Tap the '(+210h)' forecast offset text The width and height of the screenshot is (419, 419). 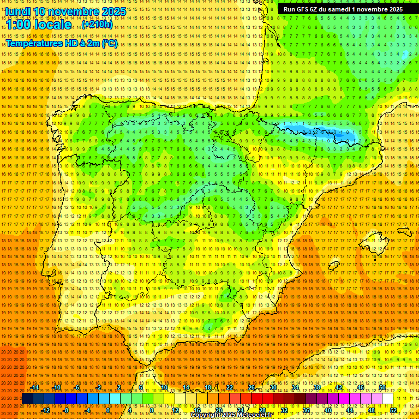(x=97, y=25)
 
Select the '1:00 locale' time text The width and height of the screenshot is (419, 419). (x=39, y=25)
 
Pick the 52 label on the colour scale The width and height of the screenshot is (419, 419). (x=393, y=410)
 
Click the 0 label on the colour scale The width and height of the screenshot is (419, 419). (x=108, y=410)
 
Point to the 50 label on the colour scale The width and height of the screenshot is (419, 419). (x=382, y=387)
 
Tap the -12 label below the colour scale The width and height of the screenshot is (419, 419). (x=46, y=410)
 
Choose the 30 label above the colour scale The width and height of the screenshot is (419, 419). (x=273, y=387)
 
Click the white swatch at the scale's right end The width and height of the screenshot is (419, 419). (x=388, y=399)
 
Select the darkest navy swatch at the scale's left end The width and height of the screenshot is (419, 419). (x=27, y=399)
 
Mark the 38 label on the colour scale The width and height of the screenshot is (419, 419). (x=316, y=387)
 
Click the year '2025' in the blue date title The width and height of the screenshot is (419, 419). (x=114, y=11)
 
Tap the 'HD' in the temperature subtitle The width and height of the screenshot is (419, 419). (x=67, y=43)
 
